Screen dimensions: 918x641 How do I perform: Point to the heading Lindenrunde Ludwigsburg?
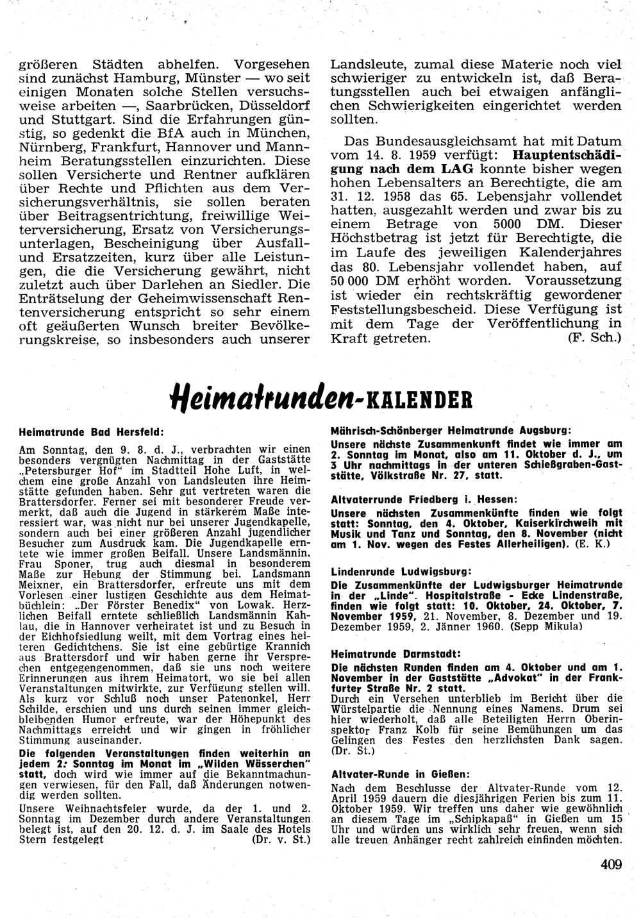pos(401,571)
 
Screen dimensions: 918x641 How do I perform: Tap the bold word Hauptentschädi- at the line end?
pos(567,154)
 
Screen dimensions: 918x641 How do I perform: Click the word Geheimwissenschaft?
pos(208,299)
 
